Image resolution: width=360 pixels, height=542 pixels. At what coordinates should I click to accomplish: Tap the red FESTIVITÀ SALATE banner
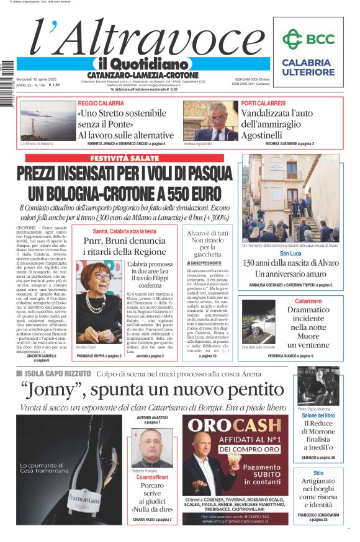pyautogui.click(x=125, y=158)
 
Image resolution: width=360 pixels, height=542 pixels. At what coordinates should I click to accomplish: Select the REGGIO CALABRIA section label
pyautogui.click(x=101, y=103)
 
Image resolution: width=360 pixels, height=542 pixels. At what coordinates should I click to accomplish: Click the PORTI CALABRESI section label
pyautogui.click(x=263, y=103)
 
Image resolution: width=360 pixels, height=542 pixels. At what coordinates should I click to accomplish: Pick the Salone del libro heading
pyautogui.click(x=318, y=415)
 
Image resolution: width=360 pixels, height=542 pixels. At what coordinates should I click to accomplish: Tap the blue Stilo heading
pyautogui.click(x=318, y=473)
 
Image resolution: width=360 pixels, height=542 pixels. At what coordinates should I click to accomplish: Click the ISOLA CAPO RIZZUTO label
pyautogui.click(x=66, y=374)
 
